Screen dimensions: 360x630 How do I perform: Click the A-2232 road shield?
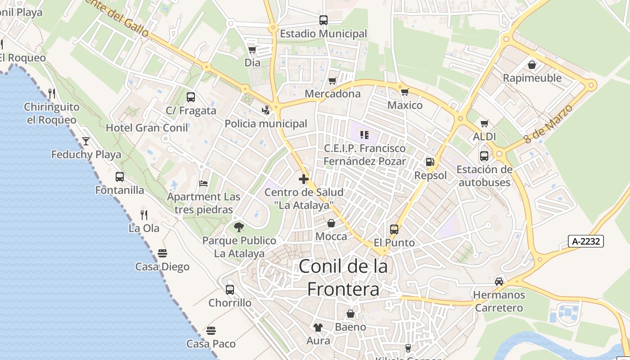(585, 241)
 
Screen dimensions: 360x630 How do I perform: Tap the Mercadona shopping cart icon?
(332, 81)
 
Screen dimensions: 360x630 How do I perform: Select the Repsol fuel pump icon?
(430, 162)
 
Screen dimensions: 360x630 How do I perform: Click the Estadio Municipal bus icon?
(323, 20)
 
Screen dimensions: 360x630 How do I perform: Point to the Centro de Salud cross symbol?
(304, 179)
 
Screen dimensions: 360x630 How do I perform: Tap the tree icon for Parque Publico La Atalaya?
(238, 227)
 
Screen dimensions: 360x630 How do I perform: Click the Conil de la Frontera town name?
(343, 277)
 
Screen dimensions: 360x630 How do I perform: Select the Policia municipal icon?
(265, 110)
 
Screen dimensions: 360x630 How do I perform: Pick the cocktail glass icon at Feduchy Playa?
(86, 141)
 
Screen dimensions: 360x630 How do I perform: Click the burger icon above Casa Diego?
(162, 253)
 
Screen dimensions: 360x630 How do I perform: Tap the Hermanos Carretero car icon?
(499, 282)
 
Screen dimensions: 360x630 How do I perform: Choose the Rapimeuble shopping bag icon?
(531, 65)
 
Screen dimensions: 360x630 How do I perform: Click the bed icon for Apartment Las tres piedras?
(203, 184)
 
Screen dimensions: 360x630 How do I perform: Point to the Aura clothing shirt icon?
(318, 328)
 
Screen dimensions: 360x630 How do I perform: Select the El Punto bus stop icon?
(394, 229)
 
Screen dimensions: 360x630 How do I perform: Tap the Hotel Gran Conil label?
(147, 128)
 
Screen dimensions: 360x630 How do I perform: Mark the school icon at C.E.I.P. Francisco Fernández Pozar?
(364, 135)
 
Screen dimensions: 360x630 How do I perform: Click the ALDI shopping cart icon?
(484, 123)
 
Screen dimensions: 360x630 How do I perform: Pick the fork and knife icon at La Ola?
(144, 215)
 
